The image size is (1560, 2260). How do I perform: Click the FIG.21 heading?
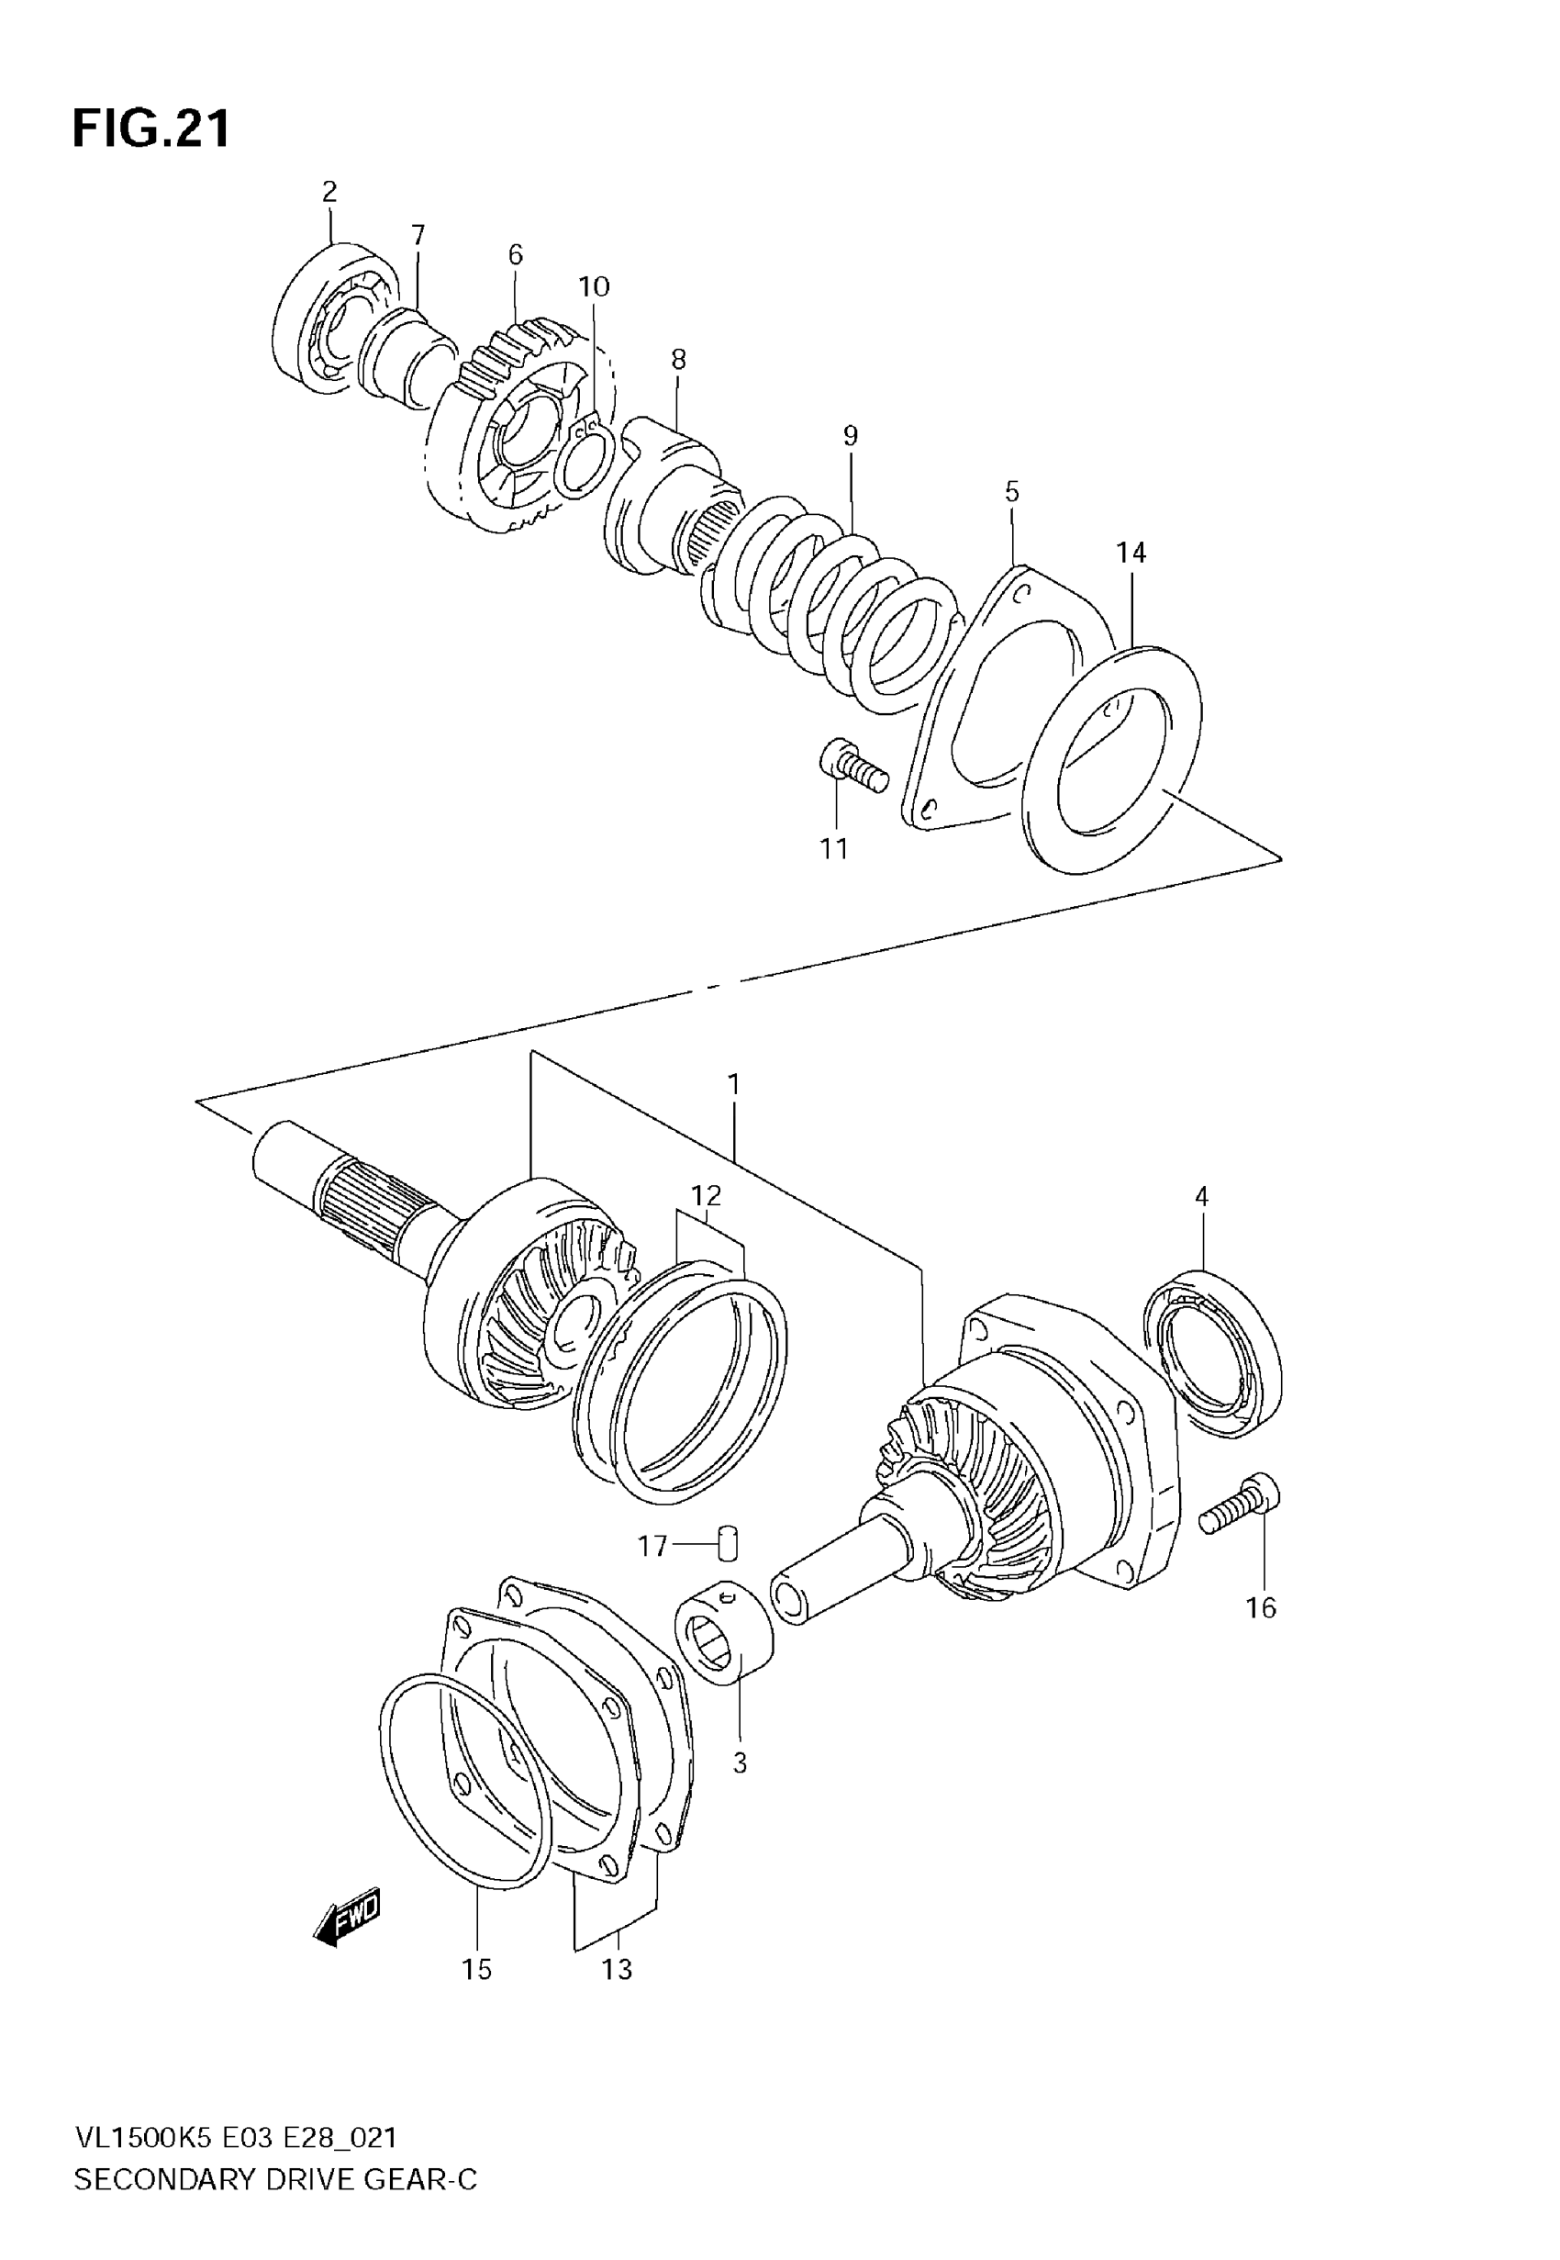151,129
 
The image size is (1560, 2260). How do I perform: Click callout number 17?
652,1547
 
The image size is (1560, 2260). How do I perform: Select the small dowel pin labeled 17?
730,1543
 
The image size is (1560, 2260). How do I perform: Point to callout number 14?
1131,554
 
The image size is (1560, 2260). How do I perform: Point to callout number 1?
733,1085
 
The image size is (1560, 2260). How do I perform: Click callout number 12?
706,1194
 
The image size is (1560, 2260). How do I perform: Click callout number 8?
678,360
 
